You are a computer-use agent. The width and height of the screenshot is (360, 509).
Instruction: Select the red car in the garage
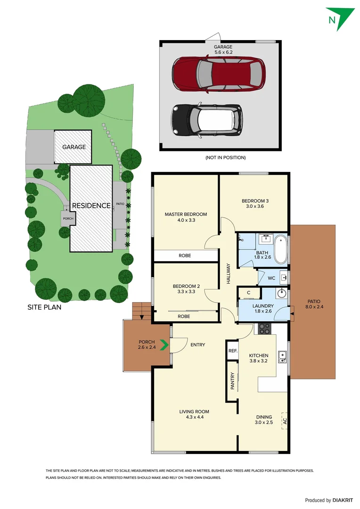[x=217, y=73]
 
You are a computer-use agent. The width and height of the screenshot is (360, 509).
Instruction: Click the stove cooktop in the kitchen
[x=264, y=329]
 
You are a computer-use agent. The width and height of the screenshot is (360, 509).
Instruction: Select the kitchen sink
[x=282, y=357]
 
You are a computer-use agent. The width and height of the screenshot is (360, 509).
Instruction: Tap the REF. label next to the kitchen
[x=232, y=351]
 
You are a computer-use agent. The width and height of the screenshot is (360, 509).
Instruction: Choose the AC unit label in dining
[x=284, y=420]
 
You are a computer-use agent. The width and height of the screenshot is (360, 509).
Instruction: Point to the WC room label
[x=271, y=278]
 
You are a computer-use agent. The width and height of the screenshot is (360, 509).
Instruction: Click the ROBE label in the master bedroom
[x=185, y=256]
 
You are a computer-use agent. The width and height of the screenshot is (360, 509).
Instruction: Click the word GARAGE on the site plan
[x=74, y=147]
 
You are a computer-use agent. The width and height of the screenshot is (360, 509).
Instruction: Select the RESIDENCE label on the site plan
[x=91, y=205]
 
